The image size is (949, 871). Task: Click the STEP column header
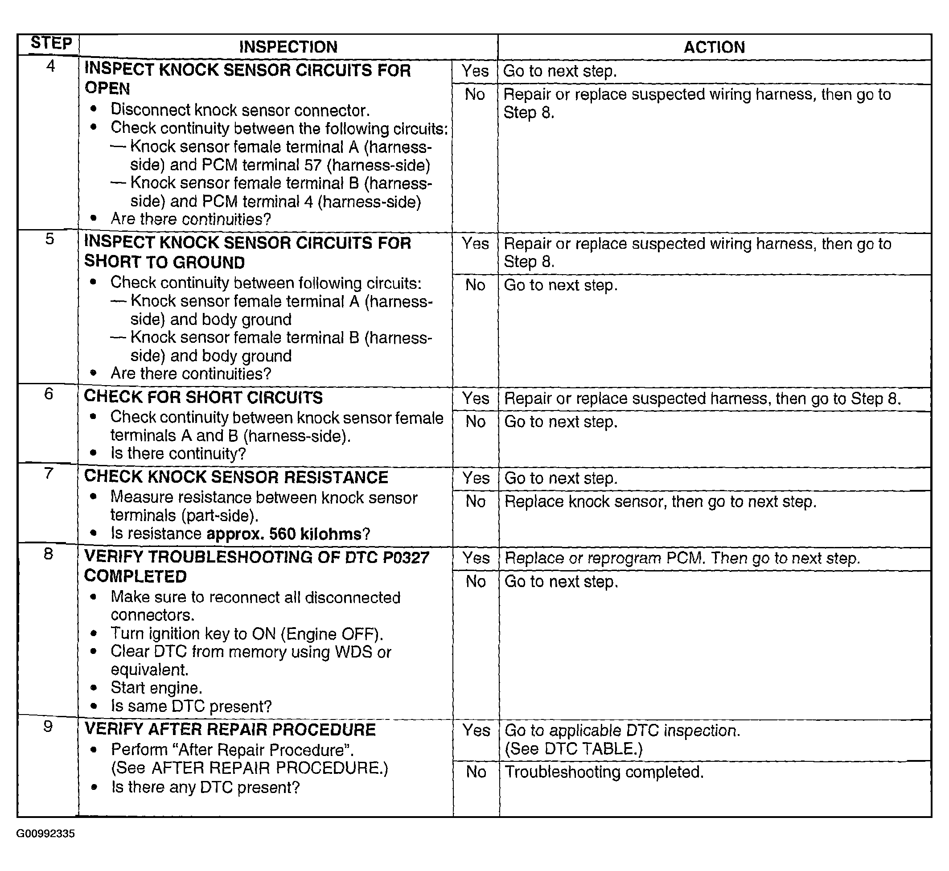[x=51, y=43]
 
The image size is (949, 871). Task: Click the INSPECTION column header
[x=288, y=47]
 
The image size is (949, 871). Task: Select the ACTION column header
[x=714, y=47]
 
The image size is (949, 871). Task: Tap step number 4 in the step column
[x=50, y=66]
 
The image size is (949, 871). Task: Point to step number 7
[x=49, y=473]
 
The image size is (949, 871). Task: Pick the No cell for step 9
[x=476, y=772]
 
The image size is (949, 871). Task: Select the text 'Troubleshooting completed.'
[x=604, y=772]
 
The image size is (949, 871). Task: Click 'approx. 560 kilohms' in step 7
[x=283, y=534]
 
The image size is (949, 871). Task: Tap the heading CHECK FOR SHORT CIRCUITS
[x=203, y=398]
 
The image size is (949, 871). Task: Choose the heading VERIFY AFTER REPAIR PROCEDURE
[x=230, y=730]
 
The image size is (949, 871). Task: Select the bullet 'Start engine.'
[x=156, y=688]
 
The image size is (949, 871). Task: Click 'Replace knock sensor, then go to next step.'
[x=660, y=501]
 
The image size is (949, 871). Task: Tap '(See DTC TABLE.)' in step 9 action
[x=573, y=749]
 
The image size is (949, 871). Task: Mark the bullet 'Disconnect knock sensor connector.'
[x=240, y=110]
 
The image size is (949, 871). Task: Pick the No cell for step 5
[x=475, y=285]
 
